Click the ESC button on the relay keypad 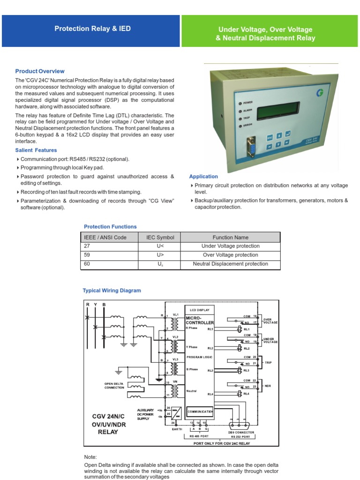coord(270,138)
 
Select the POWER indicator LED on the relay coord(240,102)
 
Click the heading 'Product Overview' coord(40,71)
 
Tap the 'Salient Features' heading coord(36,150)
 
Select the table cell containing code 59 coord(109,255)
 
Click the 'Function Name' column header coord(230,237)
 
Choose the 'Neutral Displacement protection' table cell coord(230,264)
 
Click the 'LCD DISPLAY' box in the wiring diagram coord(199,310)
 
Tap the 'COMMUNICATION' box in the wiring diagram coord(200,412)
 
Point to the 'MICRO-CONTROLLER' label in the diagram coord(200,321)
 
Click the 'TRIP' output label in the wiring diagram coord(268,362)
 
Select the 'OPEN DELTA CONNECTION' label coord(114,386)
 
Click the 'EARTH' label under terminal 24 coord(176,429)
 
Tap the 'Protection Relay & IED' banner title coord(92,29)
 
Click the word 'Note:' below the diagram coord(90,457)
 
